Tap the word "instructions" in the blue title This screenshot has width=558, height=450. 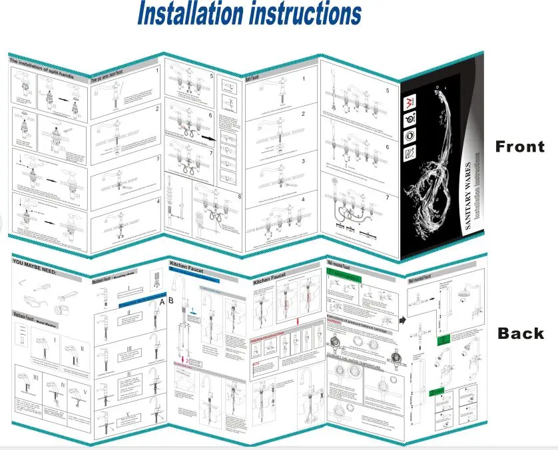(305, 14)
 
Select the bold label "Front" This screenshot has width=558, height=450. (519, 146)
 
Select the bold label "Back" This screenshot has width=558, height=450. (520, 334)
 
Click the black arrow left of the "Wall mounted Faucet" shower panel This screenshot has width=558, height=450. (403, 320)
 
